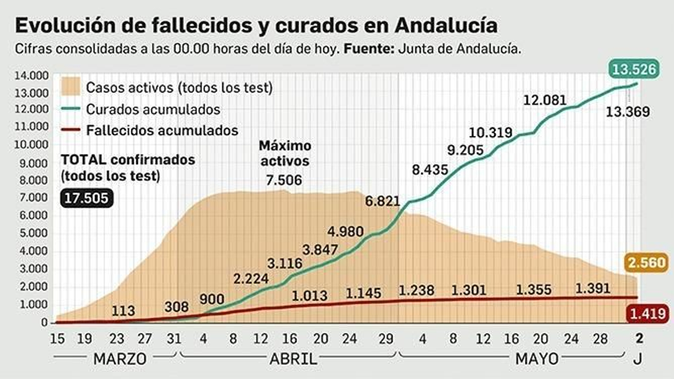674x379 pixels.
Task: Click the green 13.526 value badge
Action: pyautogui.click(x=634, y=69)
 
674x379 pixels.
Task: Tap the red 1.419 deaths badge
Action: pyautogui.click(x=647, y=314)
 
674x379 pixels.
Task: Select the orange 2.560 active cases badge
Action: pyautogui.click(x=647, y=263)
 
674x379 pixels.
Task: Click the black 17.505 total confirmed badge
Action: pyautogui.click(x=86, y=198)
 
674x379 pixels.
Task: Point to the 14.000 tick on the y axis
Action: pyautogui.click(x=32, y=76)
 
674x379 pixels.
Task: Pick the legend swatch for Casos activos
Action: pyautogui.click(x=71, y=87)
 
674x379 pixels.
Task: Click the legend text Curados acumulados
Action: pyautogui.click(x=153, y=109)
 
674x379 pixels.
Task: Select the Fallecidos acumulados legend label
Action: pyautogui.click(x=162, y=131)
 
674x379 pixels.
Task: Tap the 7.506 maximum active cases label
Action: pyautogui.click(x=284, y=180)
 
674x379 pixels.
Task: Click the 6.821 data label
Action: pyautogui.click(x=382, y=201)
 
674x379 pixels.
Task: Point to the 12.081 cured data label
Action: pyautogui.click(x=545, y=100)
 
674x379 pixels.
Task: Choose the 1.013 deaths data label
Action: pyautogui.click(x=310, y=296)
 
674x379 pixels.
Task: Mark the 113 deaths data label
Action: pyautogui.click(x=123, y=311)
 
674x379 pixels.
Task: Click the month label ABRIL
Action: pyautogui.click(x=293, y=359)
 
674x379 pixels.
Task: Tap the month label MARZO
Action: pyautogui.click(x=120, y=359)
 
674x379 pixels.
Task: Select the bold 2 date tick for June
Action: pyautogui.click(x=639, y=338)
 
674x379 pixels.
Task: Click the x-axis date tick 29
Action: pyautogui.click(x=386, y=339)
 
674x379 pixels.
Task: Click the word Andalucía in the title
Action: pyautogui.click(x=447, y=25)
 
